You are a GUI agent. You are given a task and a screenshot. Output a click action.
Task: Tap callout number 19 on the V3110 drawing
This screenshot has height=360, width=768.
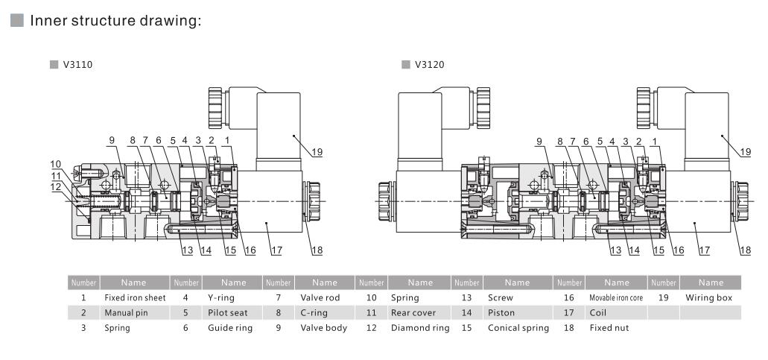(317, 152)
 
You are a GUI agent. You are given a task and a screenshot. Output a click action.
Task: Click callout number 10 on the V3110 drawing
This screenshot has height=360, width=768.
(56, 163)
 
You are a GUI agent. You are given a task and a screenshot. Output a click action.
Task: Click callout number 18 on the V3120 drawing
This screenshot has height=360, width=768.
(746, 250)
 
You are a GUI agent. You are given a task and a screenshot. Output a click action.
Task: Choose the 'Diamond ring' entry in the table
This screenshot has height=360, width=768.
(415, 326)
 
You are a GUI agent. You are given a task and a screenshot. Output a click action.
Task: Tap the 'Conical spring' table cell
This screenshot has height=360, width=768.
(513, 326)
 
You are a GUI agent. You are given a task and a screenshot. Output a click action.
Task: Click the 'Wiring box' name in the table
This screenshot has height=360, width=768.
(711, 297)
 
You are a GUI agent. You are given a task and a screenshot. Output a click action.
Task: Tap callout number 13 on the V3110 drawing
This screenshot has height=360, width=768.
(187, 250)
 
